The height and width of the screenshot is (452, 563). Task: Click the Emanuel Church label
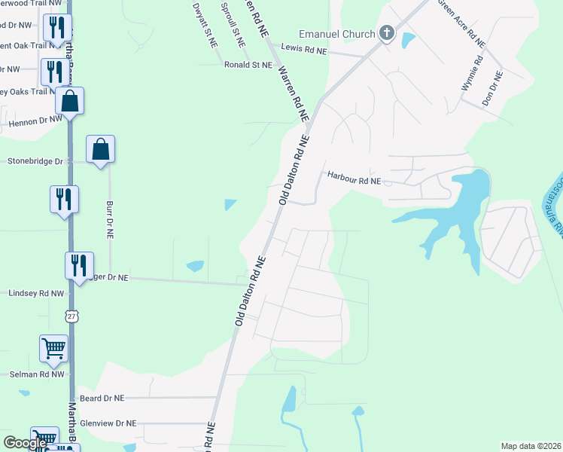pos(336,34)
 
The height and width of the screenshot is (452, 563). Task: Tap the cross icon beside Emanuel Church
pos(387,33)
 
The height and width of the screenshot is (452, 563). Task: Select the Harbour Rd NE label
pos(355,178)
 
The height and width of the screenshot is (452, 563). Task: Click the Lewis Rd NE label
pos(304,50)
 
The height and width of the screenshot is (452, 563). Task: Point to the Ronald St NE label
pos(248,66)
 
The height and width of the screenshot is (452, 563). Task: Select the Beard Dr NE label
pos(102,397)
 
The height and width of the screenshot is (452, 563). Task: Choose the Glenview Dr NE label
pos(108,423)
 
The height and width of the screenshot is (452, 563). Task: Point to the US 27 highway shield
pos(72,316)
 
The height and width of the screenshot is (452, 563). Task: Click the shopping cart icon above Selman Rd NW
pos(54,348)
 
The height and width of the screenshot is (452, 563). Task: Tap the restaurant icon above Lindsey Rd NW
pos(79,265)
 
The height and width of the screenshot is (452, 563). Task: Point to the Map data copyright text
pos(530,446)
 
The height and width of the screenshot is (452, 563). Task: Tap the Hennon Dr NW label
pos(35,121)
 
